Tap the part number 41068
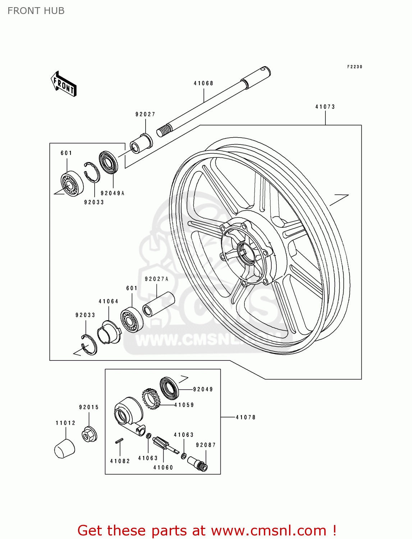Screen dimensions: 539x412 pos(203,83)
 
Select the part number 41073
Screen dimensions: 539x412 pos(325,107)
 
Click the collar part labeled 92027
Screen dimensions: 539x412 pos(141,143)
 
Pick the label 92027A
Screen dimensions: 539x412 pos(156,279)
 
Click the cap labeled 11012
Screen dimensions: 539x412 pos(65,448)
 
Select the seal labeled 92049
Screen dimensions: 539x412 pos(169,388)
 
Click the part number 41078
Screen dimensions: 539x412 pos(246,417)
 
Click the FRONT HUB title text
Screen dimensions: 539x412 pos(36,11)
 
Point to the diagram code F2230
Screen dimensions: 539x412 pos(354,67)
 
